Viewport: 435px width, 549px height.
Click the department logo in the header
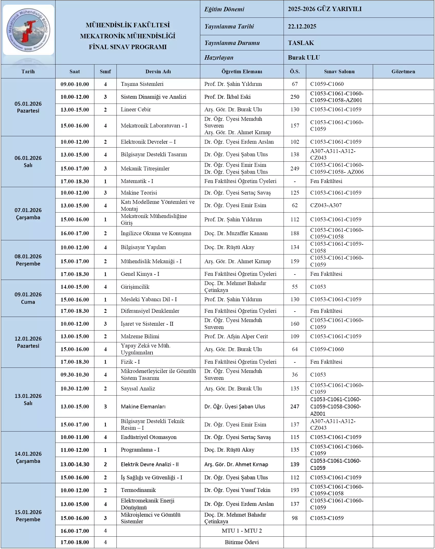[28, 30]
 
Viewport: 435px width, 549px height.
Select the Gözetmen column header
[403, 71]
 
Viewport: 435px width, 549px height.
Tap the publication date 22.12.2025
[302, 26]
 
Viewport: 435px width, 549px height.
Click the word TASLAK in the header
[301, 43]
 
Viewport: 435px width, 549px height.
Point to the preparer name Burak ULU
[304, 58]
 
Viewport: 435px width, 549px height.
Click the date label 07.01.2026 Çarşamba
[28, 214]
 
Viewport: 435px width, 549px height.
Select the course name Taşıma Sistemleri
[142, 84]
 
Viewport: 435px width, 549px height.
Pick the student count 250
[295, 97]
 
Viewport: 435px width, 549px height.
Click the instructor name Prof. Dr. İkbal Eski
[227, 97]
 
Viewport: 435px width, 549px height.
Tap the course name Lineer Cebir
[136, 109]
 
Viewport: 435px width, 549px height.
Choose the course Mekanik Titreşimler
[145, 169]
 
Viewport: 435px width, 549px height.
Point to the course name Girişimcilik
[135, 287]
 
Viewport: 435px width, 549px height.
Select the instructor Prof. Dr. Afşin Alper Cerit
[236, 336]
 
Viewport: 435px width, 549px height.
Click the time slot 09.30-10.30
[75, 375]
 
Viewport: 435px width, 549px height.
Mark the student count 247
[295, 407]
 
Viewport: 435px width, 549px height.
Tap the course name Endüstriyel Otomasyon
[149, 437]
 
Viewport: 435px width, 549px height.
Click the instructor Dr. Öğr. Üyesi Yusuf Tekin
[237, 490]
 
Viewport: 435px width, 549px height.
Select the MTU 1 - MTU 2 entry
[242, 531]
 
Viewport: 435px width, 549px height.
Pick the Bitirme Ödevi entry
[242, 542]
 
